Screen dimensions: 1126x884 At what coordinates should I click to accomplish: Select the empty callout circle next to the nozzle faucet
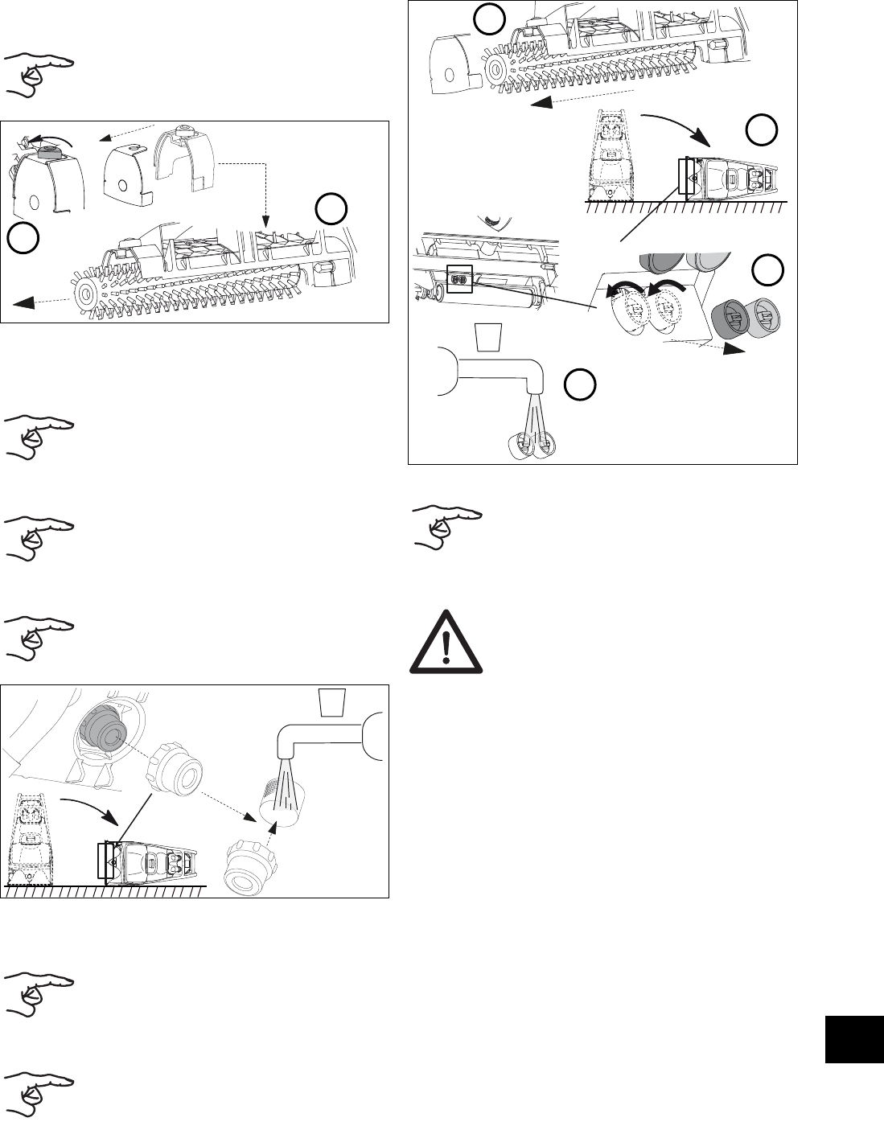(578, 384)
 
